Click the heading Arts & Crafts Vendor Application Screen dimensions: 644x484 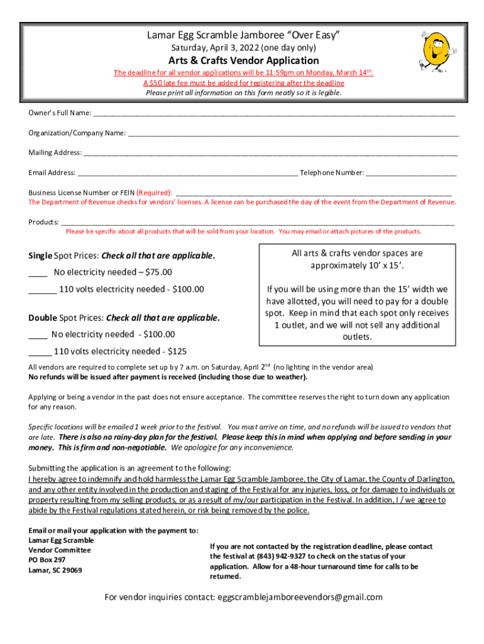click(242, 60)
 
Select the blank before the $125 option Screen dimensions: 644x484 click(40, 353)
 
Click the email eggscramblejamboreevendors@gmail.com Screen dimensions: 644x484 click(299, 597)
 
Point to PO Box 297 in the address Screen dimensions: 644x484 click(47, 560)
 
